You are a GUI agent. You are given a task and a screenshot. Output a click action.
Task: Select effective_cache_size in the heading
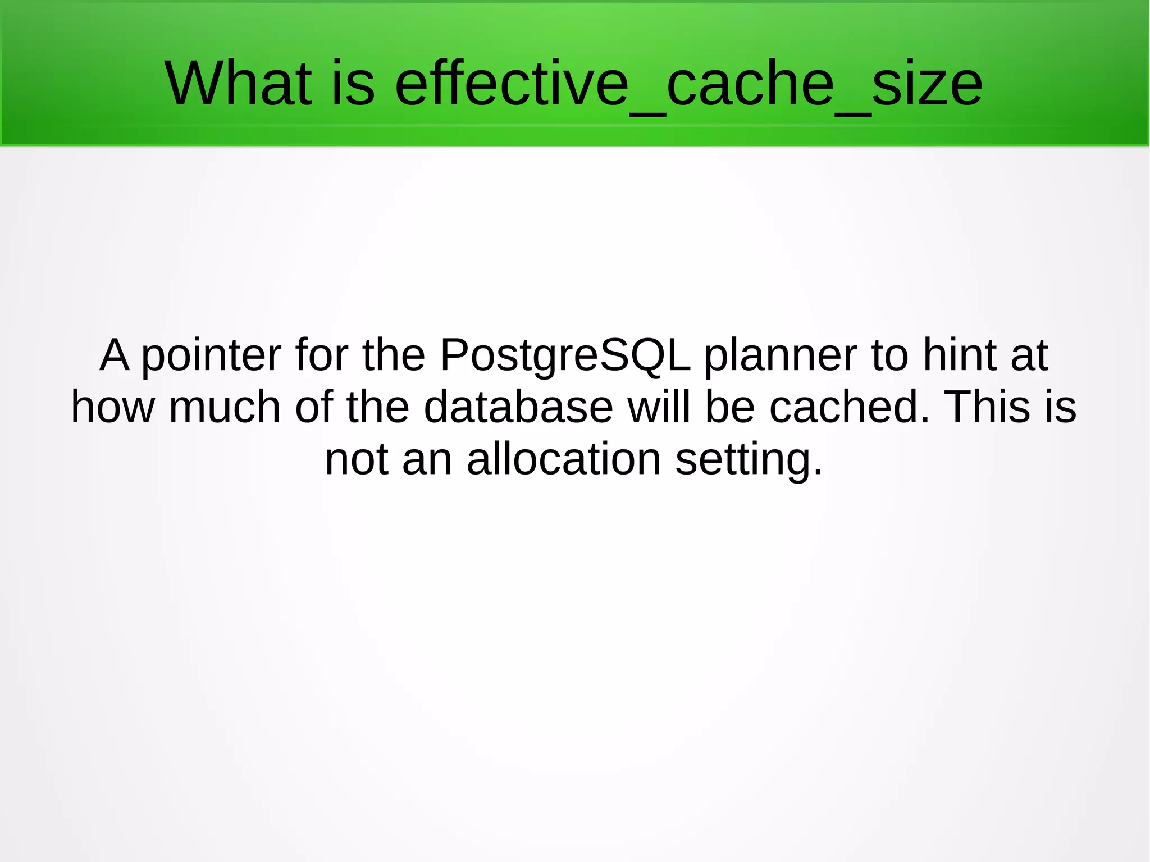[688, 84]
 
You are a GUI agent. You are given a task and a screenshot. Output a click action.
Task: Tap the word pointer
[211, 355]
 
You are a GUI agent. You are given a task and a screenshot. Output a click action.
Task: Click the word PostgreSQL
[564, 355]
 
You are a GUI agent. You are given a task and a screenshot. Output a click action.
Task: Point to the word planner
[780, 355]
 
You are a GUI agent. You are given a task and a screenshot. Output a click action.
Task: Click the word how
[112, 407]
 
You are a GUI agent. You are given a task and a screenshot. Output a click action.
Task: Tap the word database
[518, 407]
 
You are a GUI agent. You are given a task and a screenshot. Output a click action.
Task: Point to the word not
[357, 459]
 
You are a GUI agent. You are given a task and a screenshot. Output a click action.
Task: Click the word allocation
[563, 459]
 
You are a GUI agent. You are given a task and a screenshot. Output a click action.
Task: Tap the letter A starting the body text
[115, 355]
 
